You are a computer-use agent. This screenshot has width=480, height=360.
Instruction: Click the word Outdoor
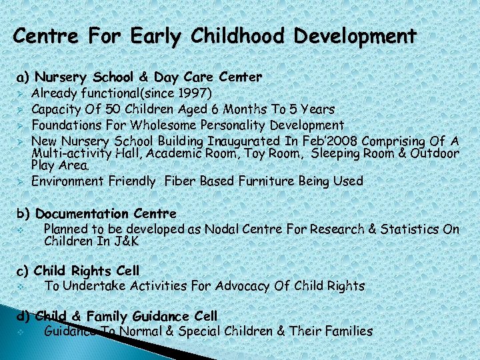point(435,153)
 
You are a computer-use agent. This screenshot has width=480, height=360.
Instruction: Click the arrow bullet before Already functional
point(21,93)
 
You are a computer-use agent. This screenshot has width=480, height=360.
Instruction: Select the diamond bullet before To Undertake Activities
point(21,287)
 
